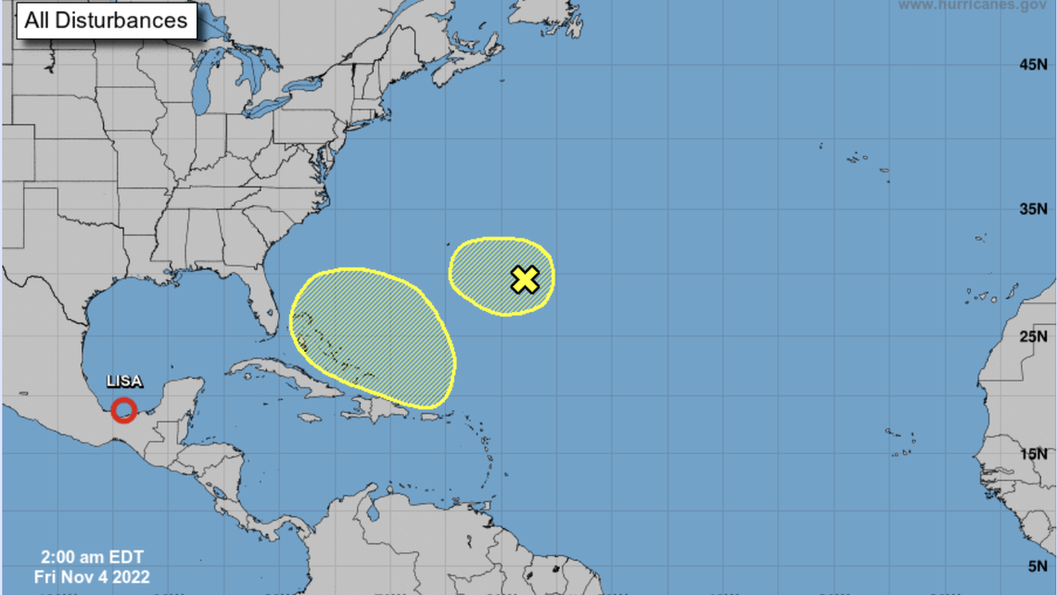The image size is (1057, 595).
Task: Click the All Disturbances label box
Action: (x=106, y=20)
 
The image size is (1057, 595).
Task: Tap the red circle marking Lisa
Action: (x=123, y=409)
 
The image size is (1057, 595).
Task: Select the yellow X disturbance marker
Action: (x=525, y=278)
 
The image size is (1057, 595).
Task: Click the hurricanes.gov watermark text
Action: (x=973, y=6)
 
